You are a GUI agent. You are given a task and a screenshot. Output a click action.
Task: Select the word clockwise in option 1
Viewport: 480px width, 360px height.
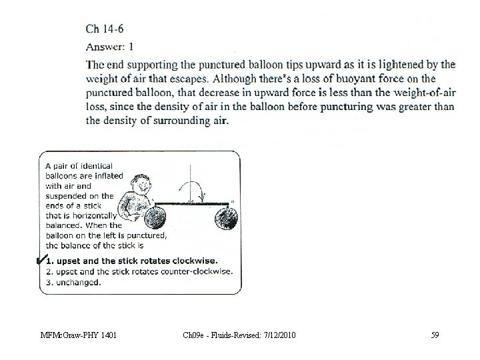click(x=195, y=261)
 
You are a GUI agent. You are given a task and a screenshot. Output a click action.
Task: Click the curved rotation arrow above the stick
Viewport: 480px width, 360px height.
click(x=189, y=187)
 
